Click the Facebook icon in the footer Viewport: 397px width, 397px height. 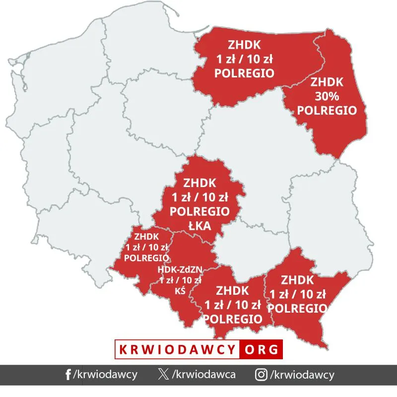[x=68, y=375]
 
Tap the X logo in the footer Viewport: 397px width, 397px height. [x=163, y=375]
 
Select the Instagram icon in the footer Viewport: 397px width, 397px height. [x=261, y=375]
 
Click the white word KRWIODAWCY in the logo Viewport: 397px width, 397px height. [x=177, y=349]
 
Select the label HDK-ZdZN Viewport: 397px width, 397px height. [x=180, y=270]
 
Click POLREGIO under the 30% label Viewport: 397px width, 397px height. [x=327, y=110]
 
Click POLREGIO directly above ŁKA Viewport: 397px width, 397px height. [x=199, y=211]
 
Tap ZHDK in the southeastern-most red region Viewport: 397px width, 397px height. [x=297, y=279]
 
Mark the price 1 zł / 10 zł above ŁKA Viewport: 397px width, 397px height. [x=199, y=198]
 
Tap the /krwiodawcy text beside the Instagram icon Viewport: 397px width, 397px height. [x=301, y=375]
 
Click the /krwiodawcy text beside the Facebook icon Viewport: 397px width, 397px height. [x=105, y=375]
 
